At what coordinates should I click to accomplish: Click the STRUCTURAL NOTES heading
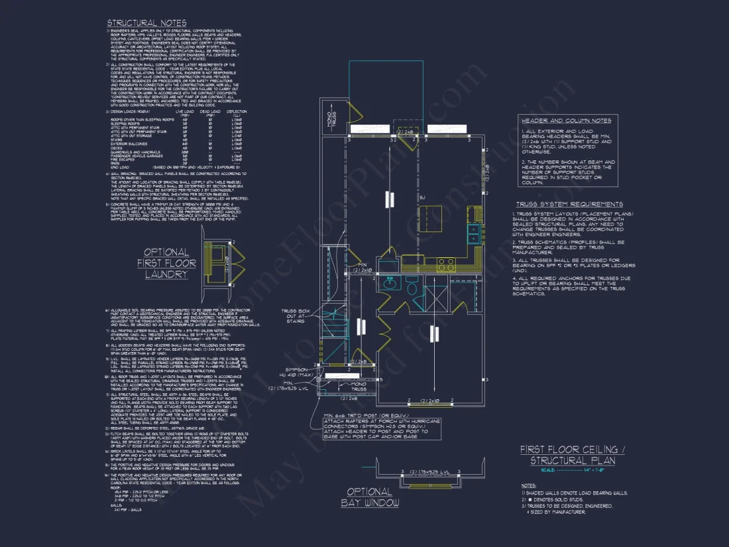[x=146, y=23]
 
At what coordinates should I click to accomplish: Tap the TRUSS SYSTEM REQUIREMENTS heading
[x=569, y=204]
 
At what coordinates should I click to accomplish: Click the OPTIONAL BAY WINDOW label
[x=370, y=497]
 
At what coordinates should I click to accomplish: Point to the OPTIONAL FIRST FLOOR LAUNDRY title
[x=166, y=263]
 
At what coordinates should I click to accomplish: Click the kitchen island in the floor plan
[x=431, y=216]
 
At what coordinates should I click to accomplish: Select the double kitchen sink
[x=475, y=233]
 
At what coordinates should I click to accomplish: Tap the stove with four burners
[x=446, y=262]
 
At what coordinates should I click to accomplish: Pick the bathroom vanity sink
[x=391, y=284]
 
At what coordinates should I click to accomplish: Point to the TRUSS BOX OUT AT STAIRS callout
[x=294, y=316]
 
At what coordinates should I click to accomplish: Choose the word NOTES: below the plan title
[x=528, y=486]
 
